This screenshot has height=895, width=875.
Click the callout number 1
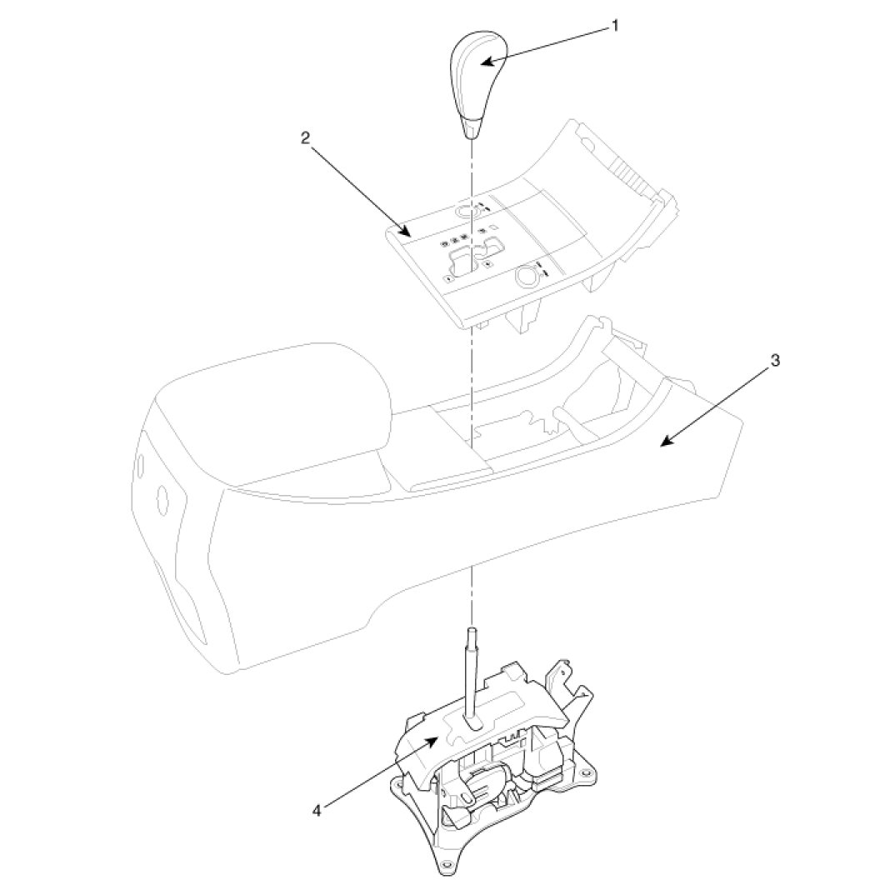(x=615, y=26)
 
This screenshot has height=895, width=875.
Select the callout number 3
(x=774, y=360)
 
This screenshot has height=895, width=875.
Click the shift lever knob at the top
(x=474, y=83)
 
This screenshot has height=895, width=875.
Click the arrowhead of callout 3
(x=663, y=444)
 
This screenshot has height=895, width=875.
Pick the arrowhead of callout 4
(x=437, y=737)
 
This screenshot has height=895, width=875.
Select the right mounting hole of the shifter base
(x=590, y=775)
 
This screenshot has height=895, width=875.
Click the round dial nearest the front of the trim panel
(x=526, y=275)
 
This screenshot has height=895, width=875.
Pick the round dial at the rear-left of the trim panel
(x=466, y=210)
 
